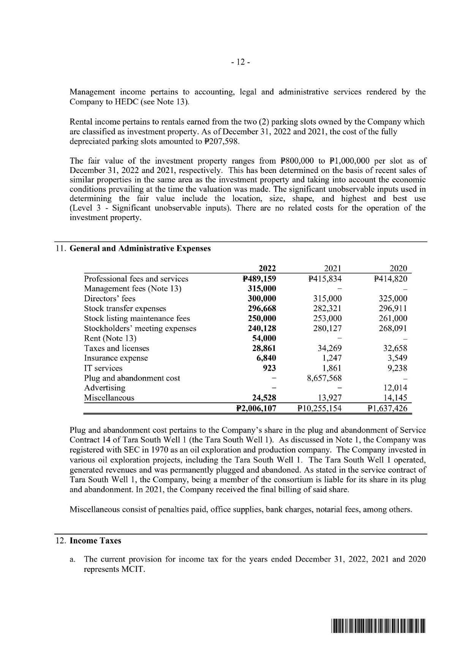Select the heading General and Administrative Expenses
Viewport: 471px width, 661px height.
pyautogui.click(x=140, y=249)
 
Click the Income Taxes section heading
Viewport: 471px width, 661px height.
pyautogui.click(x=95, y=541)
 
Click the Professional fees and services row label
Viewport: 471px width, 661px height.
pyautogui.click(x=136, y=279)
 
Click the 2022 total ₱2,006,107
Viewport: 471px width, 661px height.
pyautogui.click(x=256, y=408)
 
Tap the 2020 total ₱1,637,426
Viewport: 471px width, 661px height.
pyautogui.click(x=387, y=408)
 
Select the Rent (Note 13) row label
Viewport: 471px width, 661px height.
pyautogui.click(x=110, y=338)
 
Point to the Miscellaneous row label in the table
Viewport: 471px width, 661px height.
pyautogui.click(x=109, y=398)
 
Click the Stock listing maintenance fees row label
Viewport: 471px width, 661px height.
pyautogui.click(x=137, y=318)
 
